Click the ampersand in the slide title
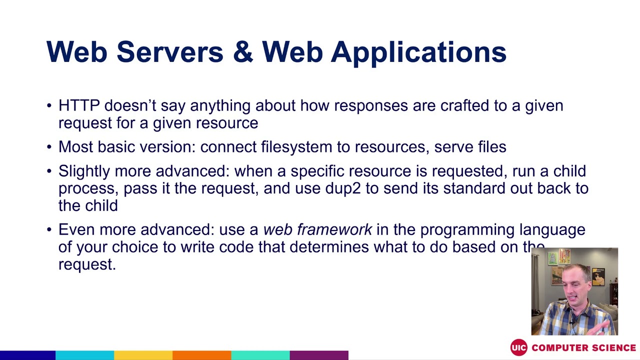[x=243, y=52]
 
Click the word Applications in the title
[x=418, y=52]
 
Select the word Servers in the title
[x=169, y=52]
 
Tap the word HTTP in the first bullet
[x=79, y=105]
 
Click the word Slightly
[x=84, y=171]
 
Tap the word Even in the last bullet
[x=76, y=229]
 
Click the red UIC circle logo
[x=518, y=347]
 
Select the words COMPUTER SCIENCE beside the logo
[x=583, y=347]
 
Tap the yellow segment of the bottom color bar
[x=143, y=355]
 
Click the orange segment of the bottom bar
[x=201, y=355]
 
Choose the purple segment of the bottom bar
[x=318, y=355]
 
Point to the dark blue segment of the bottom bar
[x=27, y=355]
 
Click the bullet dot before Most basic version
[x=49, y=147]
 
